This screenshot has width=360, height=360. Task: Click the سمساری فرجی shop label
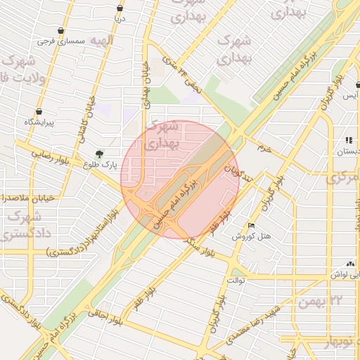click(x=64, y=42)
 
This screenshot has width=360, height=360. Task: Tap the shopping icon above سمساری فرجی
click(x=63, y=31)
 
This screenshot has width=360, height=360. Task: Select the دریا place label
click(x=120, y=19)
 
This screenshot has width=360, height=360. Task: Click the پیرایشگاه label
click(x=39, y=122)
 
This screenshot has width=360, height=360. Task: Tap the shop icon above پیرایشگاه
click(x=38, y=111)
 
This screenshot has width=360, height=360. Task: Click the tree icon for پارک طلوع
click(x=99, y=153)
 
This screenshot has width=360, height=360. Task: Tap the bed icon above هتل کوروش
click(x=251, y=226)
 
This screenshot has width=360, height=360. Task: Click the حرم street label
click(x=264, y=148)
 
